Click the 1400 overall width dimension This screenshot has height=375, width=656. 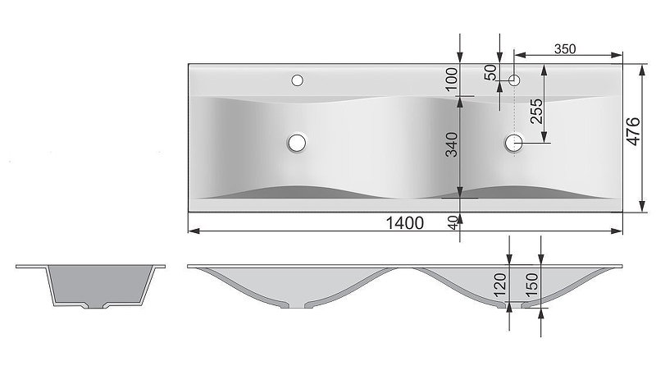click(x=404, y=223)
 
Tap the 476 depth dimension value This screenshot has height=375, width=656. click(x=633, y=132)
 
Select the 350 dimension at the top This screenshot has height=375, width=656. click(x=565, y=49)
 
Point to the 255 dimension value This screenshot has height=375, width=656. click(x=536, y=111)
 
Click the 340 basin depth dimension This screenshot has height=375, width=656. click(x=452, y=144)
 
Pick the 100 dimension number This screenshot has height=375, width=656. click(x=452, y=79)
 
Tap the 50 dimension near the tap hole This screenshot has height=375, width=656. click(x=490, y=72)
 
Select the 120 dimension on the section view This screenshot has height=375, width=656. click(x=500, y=284)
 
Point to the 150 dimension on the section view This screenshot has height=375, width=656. click(x=531, y=284)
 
